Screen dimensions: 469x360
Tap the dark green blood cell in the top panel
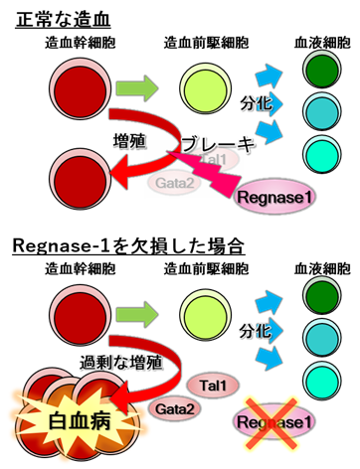point(318,73)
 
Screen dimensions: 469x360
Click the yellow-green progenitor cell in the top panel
point(197,87)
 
